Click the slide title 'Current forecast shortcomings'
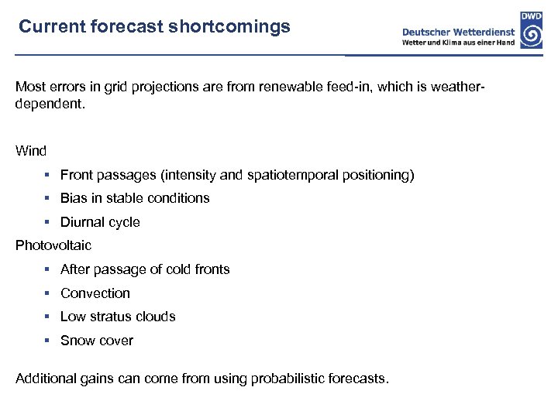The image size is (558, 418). [154, 27]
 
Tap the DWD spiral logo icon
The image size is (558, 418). [532, 35]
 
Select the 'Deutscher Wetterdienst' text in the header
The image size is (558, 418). [459, 32]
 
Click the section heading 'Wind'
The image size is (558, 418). [31, 151]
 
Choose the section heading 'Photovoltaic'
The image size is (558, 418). [53, 245]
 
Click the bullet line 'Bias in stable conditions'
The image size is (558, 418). [135, 198]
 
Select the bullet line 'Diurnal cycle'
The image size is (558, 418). [100, 222]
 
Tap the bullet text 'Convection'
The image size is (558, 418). [95, 293]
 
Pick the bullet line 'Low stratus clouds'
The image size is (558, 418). [118, 317]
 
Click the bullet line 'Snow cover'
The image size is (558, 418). [97, 341]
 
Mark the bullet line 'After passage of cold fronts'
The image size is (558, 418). [145, 269]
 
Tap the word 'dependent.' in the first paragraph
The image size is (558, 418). [46, 102]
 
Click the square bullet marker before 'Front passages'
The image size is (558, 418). [47, 176]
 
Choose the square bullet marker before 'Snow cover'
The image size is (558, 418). [47, 341]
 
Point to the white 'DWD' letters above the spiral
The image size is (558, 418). [532, 16]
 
